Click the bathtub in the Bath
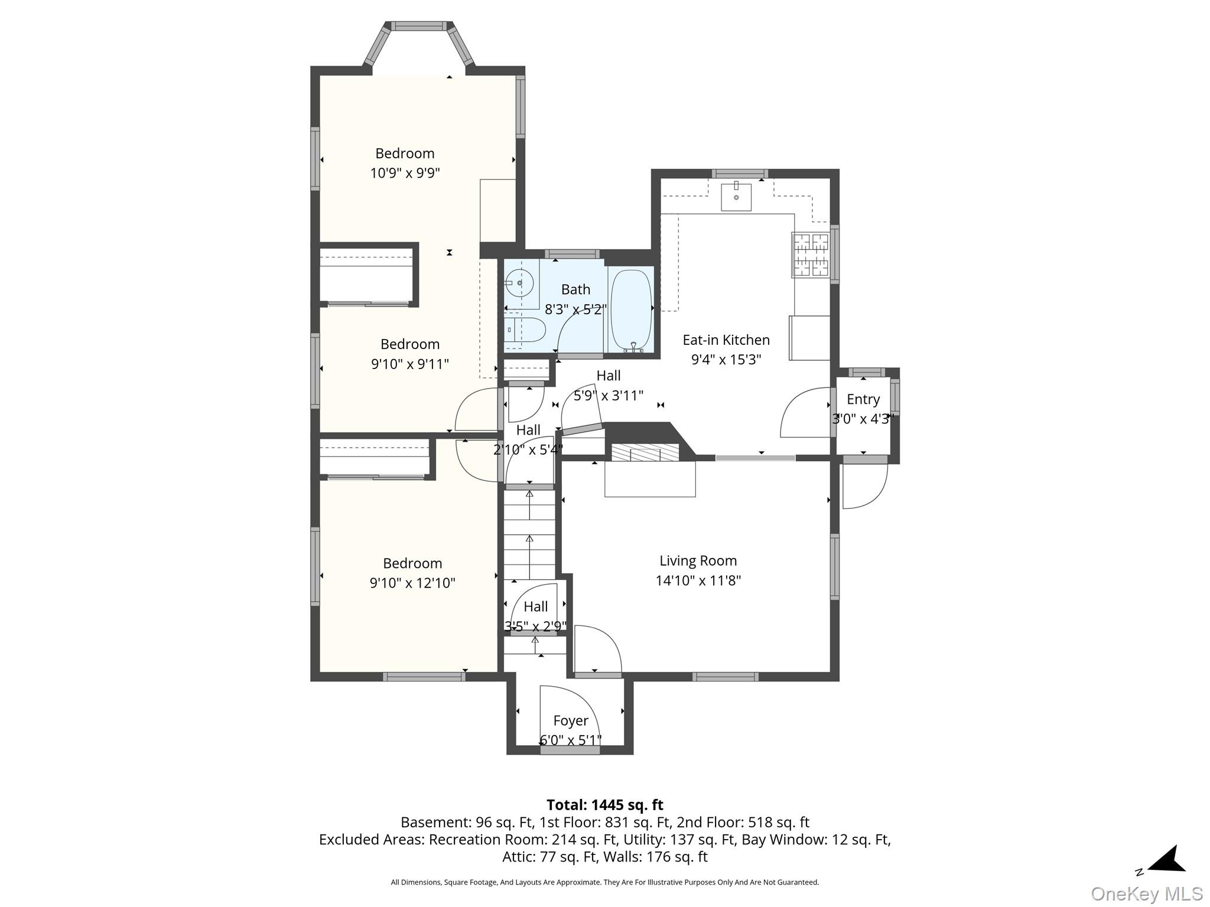(x=631, y=311)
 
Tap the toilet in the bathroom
(x=525, y=329)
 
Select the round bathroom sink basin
(x=520, y=283)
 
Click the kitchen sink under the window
(x=736, y=197)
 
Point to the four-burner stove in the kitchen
(x=811, y=255)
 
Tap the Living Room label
(x=698, y=561)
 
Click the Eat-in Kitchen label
(x=726, y=340)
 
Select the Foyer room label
(x=571, y=721)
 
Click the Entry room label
(x=863, y=400)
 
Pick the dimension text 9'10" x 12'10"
(x=412, y=583)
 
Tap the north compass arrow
(x=1167, y=860)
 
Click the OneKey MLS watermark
(x=1147, y=894)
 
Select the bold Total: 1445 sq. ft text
(x=605, y=805)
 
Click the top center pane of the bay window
(x=419, y=26)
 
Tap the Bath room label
(x=575, y=290)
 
